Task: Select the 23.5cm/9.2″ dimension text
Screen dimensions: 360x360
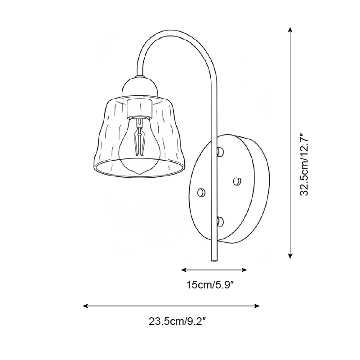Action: tap(177, 321)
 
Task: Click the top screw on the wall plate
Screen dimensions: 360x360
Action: tap(220, 151)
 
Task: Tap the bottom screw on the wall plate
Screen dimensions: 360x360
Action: tap(220, 220)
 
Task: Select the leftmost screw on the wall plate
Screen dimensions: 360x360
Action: tap(201, 192)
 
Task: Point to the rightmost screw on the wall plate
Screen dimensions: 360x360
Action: tap(237, 181)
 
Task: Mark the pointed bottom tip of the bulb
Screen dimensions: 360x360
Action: tap(139, 173)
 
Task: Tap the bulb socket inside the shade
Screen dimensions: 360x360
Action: tap(140, 108)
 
